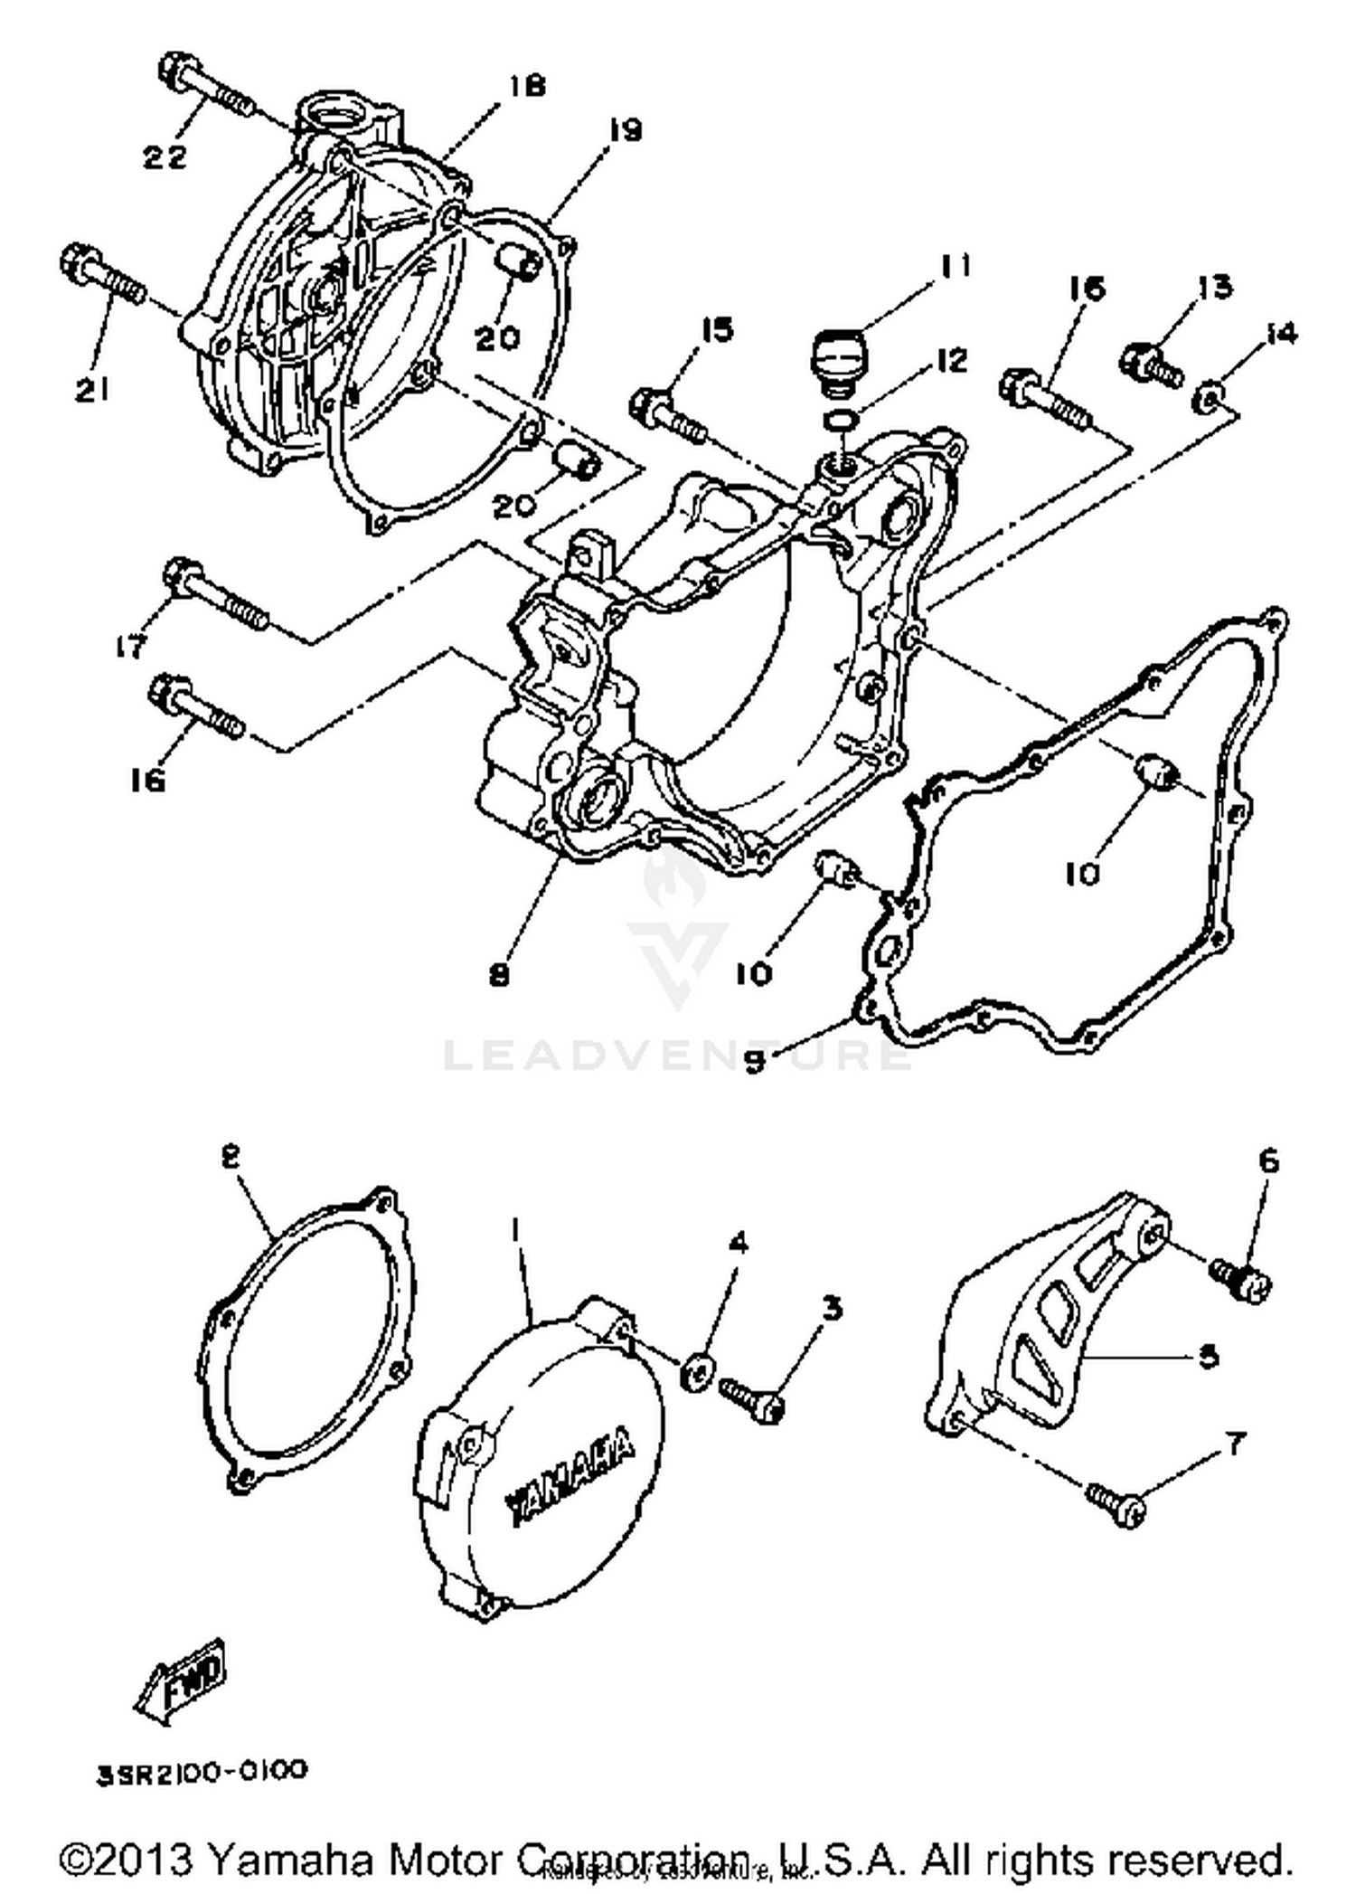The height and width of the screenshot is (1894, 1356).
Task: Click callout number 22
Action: pyautogui.click(x=165, y=156)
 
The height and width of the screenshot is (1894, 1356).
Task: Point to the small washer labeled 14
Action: pyautogui.click(x=1209, y=396)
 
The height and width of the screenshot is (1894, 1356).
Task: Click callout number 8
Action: pyautogui.click(x=499, y=974)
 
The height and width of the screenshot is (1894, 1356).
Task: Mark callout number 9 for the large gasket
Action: pyautogui.click(x=756, y=1060)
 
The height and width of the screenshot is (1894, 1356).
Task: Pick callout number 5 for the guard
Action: pyautogui.click(x=1208, y=1357)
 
